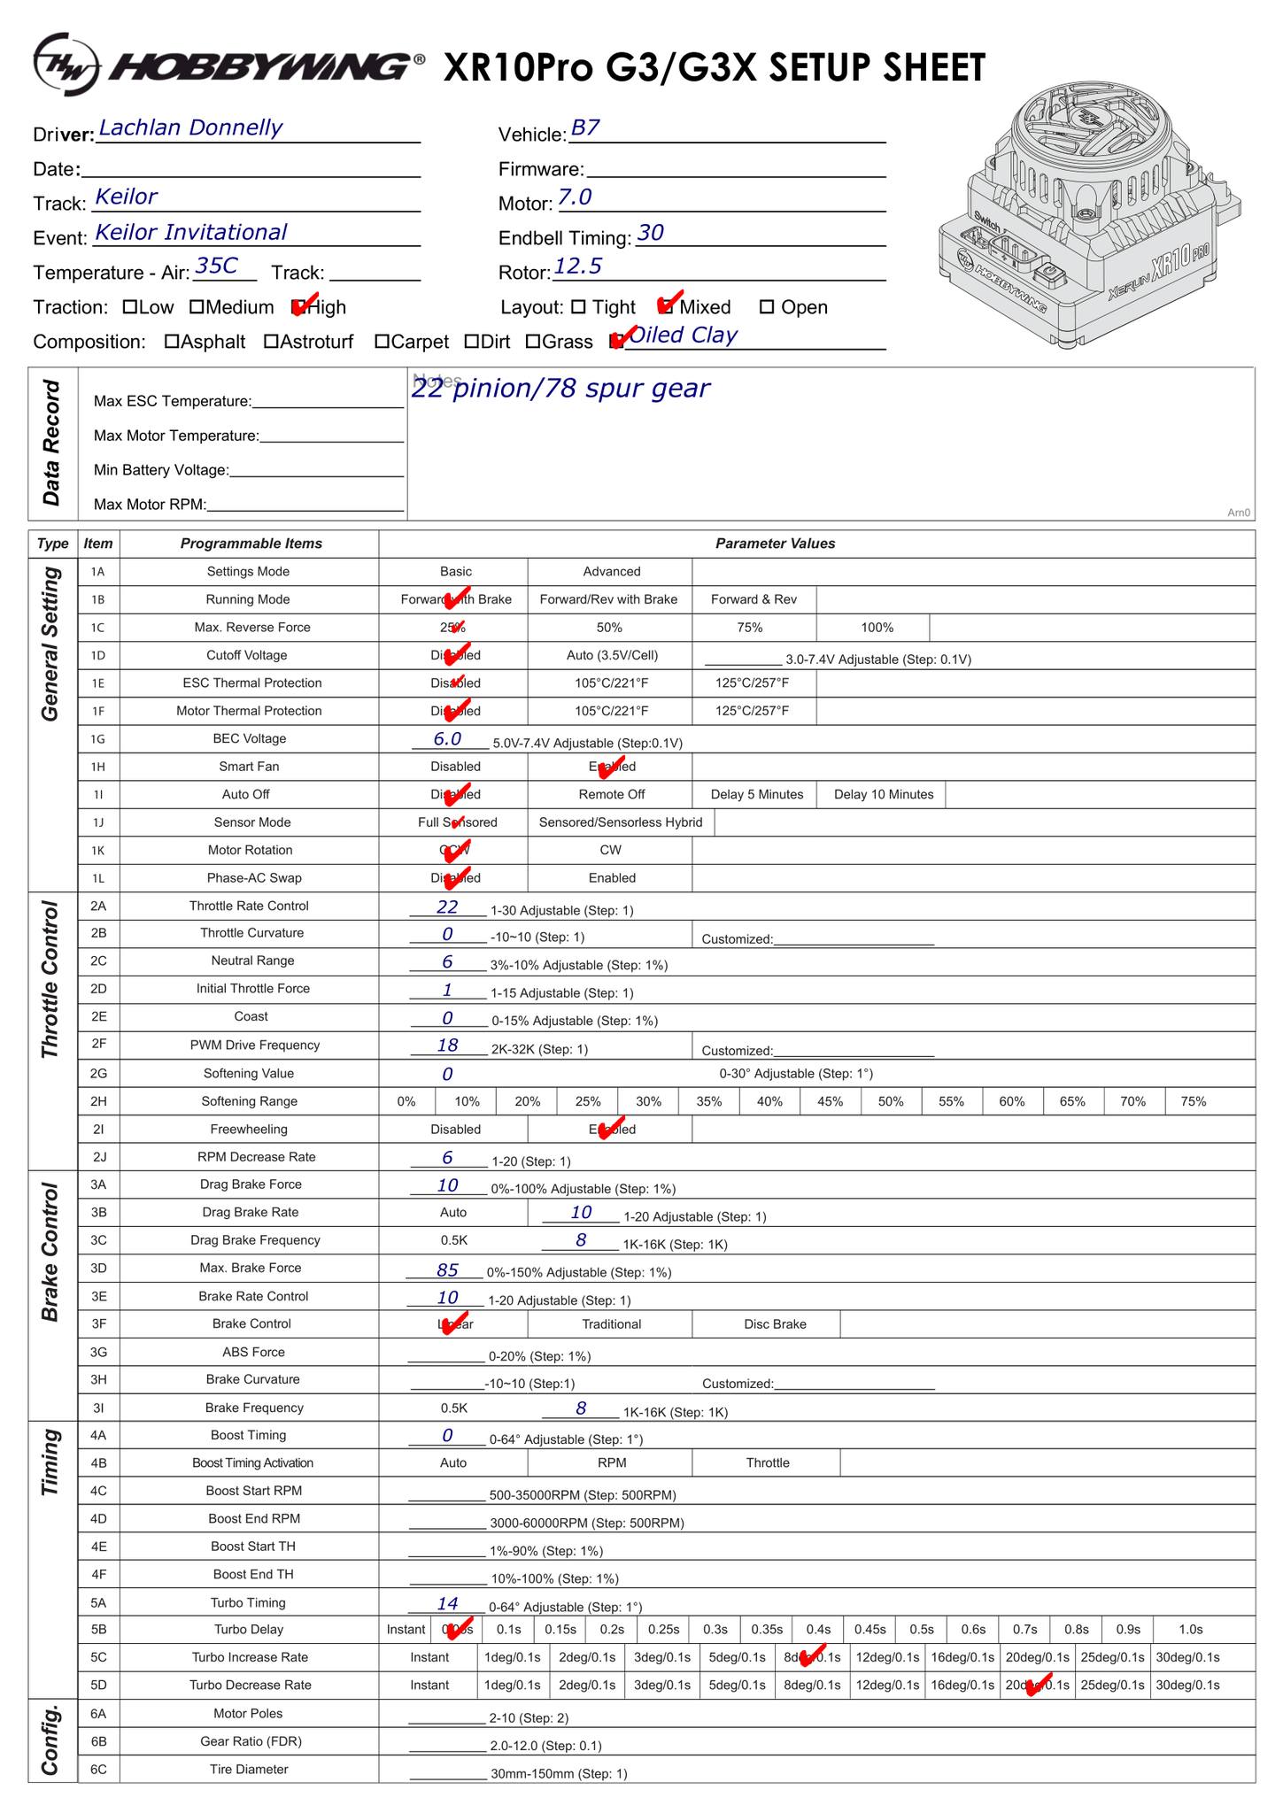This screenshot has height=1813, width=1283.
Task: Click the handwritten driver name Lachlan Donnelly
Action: coord(189,128)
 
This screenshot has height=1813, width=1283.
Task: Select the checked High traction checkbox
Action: coord(298,308)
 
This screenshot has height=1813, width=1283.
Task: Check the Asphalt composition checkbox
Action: coord(172,342)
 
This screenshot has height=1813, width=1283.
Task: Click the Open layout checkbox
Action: coord(767,308)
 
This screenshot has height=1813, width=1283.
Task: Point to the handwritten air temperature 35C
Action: coord(216,266)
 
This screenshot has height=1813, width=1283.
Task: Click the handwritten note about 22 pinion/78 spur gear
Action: coord(560,389)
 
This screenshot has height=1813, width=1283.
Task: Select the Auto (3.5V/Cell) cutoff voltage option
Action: coord(612,656)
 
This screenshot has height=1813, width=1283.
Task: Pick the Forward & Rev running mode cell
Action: coord(754,600)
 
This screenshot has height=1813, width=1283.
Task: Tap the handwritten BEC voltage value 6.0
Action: coord(447,739)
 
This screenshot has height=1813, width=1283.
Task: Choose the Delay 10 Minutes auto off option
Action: coord(883,795)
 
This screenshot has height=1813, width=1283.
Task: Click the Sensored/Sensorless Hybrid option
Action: coord(620,822)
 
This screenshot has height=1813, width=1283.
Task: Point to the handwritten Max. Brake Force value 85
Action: coord(447,1270)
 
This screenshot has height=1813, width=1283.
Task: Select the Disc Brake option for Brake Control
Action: coord(775,1324)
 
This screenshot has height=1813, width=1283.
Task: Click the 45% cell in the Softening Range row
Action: coord(830,1102)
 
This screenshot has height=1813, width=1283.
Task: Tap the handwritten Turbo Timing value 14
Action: coord(447,1603)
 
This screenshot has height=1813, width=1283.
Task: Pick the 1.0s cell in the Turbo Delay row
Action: coord(1190,1630)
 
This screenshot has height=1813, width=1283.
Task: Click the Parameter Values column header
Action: coord(775,544)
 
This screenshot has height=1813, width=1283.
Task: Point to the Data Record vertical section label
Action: coord(52,443)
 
